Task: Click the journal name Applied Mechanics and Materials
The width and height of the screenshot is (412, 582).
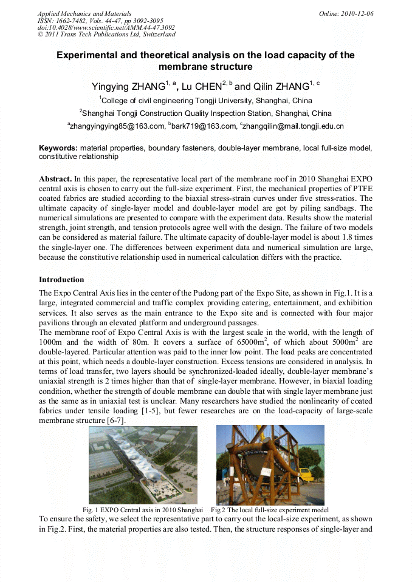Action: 84,13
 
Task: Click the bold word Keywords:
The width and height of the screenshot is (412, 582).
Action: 58,147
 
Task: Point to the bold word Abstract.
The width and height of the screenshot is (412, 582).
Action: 55,180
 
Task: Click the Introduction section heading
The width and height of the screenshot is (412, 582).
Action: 61,280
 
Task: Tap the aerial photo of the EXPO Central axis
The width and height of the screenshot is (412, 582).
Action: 143,464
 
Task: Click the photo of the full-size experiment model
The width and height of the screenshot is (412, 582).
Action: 270,464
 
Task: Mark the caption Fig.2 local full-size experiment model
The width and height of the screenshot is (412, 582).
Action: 270,510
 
